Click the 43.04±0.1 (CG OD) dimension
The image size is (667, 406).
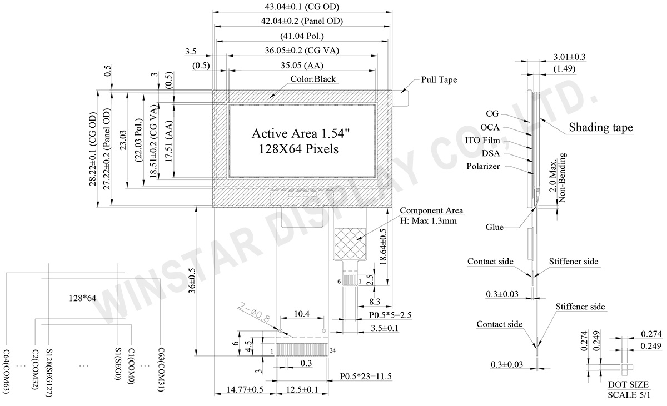click(300, 7)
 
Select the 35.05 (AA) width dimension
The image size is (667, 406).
click(300, 65)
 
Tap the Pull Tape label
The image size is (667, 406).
click(439, 80)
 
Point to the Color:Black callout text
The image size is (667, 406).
click(313, 79)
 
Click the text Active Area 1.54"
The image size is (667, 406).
click(300, 134)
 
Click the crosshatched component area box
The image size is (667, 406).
click(350, 243)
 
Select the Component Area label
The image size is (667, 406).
click(431, 211)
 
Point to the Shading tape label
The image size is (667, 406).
click(601, 128)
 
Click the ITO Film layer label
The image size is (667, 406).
click(482, 140)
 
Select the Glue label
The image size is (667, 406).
click(494, 227)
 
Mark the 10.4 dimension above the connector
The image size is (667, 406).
click(301, 315)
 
